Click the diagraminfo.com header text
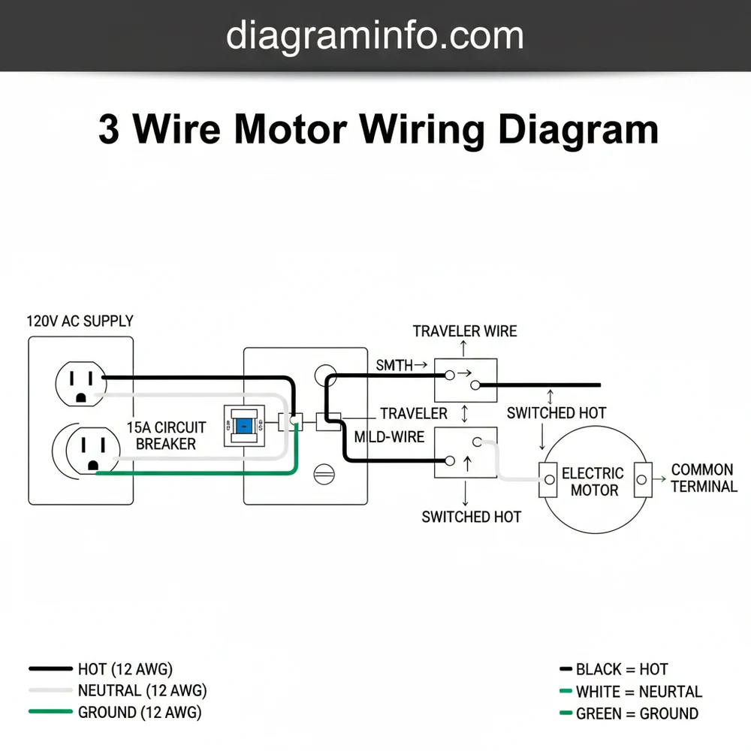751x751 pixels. [x=375, y=35]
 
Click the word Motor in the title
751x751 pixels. [x=290, y=129]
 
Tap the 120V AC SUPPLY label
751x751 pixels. [x=80, y=321]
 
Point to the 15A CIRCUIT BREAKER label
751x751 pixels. [x=166, y=436]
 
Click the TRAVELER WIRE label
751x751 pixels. [x=465, y=331]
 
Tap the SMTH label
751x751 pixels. [x=395, y=366]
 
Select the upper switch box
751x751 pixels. [x=466, y=379]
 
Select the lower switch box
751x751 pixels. [x=466, y=452]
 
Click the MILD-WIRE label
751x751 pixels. [x=389, y=436]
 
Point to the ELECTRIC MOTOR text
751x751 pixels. [x=593, y=481]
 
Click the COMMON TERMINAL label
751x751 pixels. [x=704, y=478]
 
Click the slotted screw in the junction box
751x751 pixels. [x=324, y=475]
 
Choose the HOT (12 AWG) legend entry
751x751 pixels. [x=125, y=668]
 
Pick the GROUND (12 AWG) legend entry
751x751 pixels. [x=139, y=712]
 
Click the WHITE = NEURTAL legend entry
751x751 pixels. [x=638, y=692]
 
